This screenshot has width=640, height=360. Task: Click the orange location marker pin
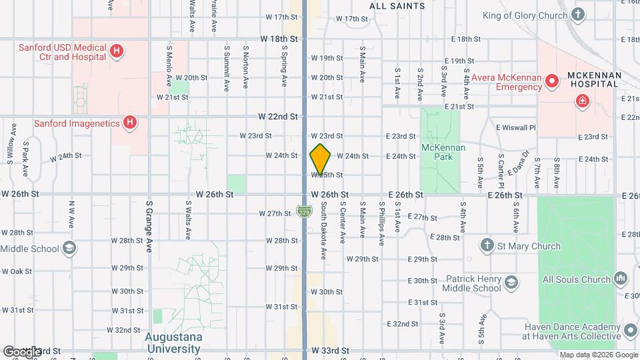point(320,159)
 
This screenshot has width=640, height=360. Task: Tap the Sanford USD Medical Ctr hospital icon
point(117,50)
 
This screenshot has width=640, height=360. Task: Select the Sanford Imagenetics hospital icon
point(130,123)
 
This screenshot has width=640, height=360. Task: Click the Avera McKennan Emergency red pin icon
point(552,82)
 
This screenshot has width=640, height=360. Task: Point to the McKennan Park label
point(437,151)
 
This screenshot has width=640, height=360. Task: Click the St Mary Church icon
point(487,246)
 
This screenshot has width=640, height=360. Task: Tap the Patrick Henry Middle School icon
point(511,281)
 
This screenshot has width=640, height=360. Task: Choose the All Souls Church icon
point(620,277)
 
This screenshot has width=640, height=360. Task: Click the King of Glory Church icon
point(578,15)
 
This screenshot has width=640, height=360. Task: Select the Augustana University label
point(173,342)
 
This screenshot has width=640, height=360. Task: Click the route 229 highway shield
point(303,211)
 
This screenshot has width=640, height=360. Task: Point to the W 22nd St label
point(278,116)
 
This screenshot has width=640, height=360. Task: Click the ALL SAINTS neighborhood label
point(397,6)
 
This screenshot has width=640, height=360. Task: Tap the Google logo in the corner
point(21,351)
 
